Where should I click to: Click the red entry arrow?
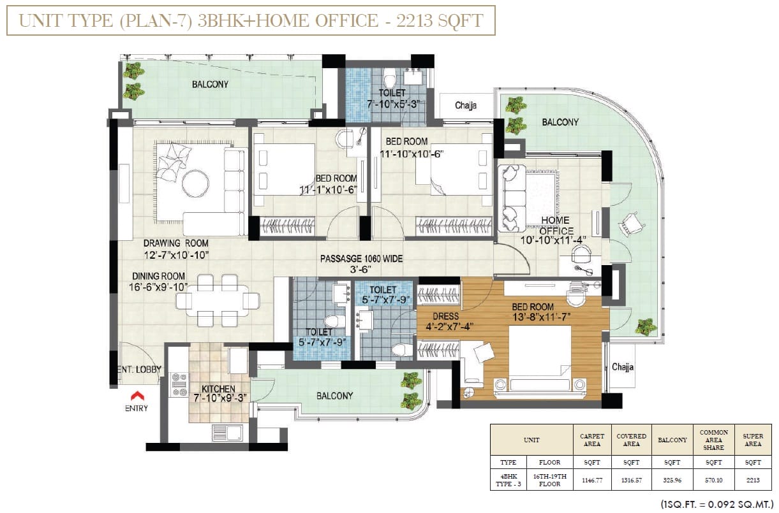click(137, 396)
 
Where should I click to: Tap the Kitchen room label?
click(218, 389)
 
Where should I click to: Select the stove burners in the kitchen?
click(179, 384)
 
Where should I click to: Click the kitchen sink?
click(227, 433)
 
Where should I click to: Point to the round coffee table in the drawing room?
click(195, 184)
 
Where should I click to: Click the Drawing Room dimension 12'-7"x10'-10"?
click(176, 256)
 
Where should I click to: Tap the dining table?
click(218, 301)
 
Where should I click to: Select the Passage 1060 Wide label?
click(361, 259)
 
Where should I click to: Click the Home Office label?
click(556, 226)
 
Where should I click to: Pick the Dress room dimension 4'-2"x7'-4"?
click(449, 327)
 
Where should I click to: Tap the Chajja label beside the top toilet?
click(466, 105)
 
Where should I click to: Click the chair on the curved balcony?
click(631, 224)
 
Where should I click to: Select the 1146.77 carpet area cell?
click(592, 480)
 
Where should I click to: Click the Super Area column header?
click(753, 440)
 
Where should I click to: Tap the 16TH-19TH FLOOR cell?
click(550, 480)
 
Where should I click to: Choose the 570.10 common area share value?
click(714, 480)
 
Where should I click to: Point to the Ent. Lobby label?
click(139, 370)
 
